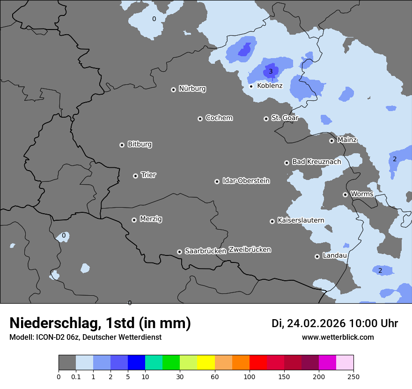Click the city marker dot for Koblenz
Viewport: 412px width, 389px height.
pyautogui.click(x=251, y=86)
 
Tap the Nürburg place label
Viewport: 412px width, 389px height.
pyautogui.click(x=192, y=89)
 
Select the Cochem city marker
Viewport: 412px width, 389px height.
pyautogui.click(x=200, y=119)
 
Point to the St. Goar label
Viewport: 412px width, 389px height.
pyautogui.click(x=285, y=118)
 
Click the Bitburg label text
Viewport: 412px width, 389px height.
pyautogui.click(x=140, y=144)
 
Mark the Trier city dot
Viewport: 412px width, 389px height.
pyautogui.click(x=135, y=176)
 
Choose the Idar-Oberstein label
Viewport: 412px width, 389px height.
pyautogui.click(x=246, y=181)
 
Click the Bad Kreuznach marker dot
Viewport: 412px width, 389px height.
pyautogui.click(x=287, y=163)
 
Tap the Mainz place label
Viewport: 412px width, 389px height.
pyautogui.click(x=347, y=140)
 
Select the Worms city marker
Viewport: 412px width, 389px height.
pyautogui.click(x=345, y=194)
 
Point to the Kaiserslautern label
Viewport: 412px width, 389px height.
pyautogui.click(x=301, y=220)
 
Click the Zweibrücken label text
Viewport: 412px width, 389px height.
pyautogui.click(x=250, y=250)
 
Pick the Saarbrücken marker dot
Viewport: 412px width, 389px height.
pyautogui.click(x=179, y=252)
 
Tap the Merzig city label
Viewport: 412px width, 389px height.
pyautogui.click(x=151, y=219)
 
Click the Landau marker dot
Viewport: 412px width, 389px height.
pyautogui.click(x=317, y=256)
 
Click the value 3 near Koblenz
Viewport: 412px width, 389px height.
pyautogui.click(x=270, y=72)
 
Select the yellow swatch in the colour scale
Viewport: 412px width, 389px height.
pyautogui.click(x=206, y=363)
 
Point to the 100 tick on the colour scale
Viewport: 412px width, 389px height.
pyautogui.click(x=249, y=376)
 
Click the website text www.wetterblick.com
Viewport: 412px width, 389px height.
pyautogui.click(x=338, y=337)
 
